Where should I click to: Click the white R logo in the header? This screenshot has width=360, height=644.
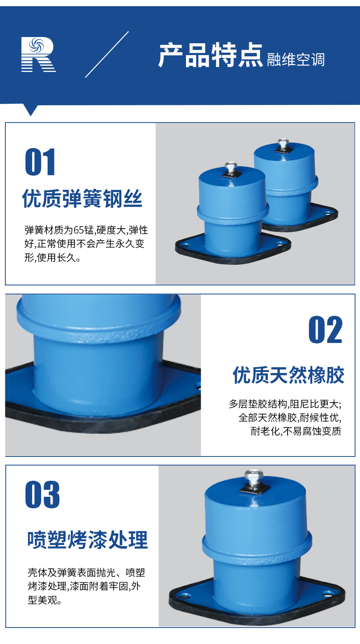(x=38, y=55)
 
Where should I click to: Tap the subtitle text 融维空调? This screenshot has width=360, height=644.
(x=295, y=60)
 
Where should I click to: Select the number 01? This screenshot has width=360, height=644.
(x=40, y=163)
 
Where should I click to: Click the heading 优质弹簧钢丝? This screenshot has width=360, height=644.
(x=82, y=199)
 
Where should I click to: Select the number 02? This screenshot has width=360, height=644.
(x=325, y=330)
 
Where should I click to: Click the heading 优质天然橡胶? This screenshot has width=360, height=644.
(x=288, y=375)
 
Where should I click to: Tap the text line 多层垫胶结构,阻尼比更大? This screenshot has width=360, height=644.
(x=285, y=404)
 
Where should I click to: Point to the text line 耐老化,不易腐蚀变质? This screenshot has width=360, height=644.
(x=296, y=431)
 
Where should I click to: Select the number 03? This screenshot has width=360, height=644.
(x=42, y=495)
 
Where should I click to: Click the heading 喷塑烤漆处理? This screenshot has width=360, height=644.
(x=87, y=540)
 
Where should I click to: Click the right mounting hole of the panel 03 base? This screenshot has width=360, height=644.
(x=328, y=593)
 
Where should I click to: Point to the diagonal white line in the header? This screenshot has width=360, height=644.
(x=107, y=54)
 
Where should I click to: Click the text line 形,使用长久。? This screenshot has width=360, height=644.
(x=53, y=258)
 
